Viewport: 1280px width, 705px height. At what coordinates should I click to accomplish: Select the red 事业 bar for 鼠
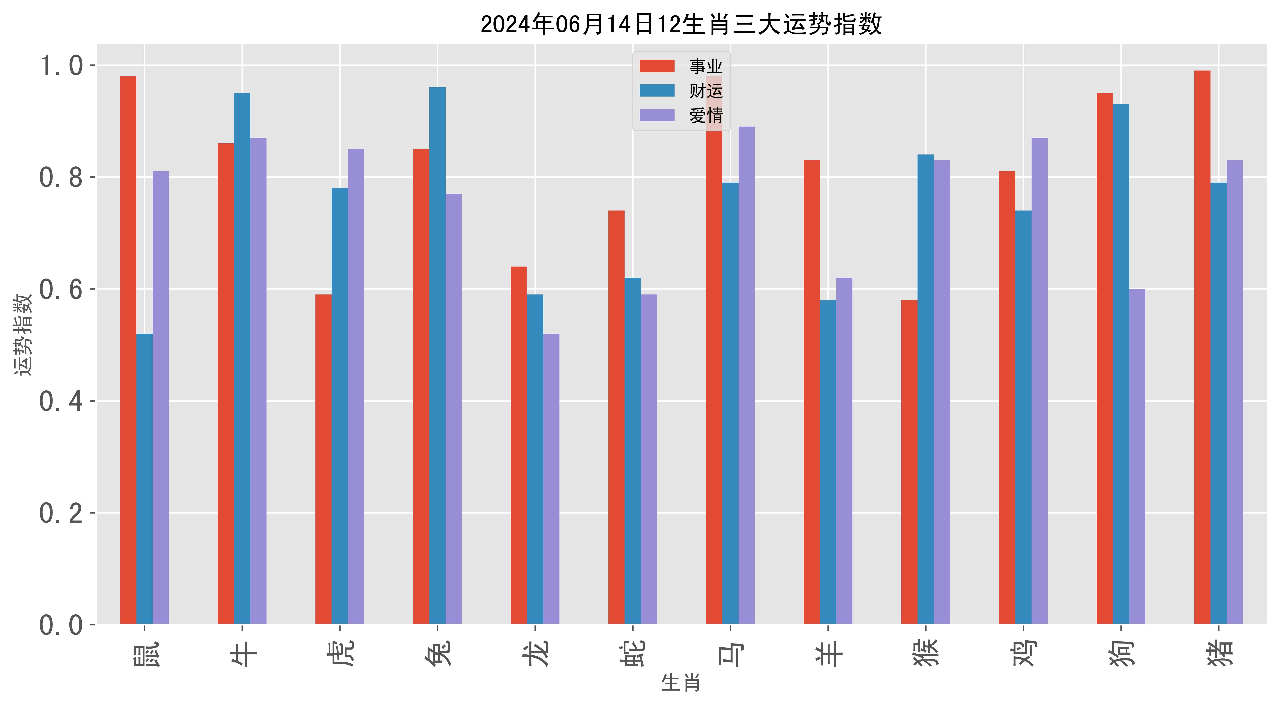[x=128, y=350]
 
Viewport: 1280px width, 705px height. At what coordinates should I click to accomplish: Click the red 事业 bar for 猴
[x=909, y=462]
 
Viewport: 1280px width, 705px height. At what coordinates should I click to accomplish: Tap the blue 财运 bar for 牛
[x=242, y=358]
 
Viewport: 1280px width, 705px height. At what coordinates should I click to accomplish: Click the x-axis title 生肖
[x=681, y=683]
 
